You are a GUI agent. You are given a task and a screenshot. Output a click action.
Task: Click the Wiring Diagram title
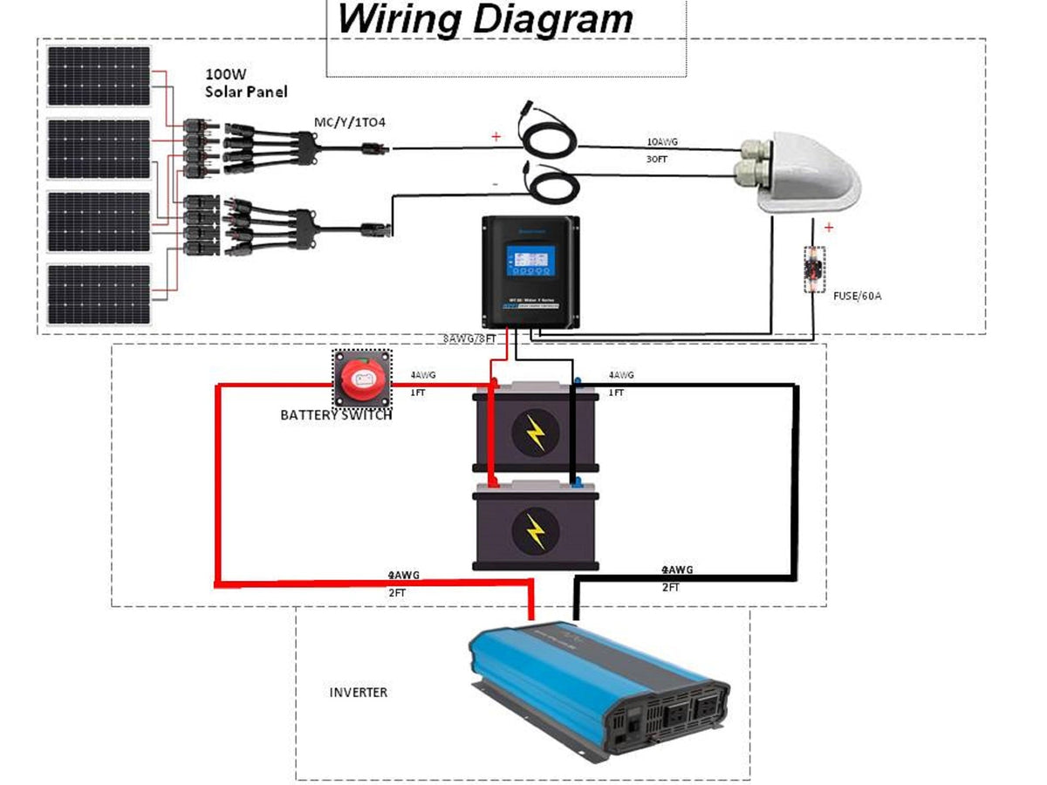point(485,19)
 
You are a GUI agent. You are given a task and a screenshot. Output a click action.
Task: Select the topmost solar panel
point(99,76)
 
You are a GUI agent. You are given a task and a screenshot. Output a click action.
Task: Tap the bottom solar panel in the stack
point(99,294)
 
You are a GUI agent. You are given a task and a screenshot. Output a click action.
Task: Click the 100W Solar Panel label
point(245,83)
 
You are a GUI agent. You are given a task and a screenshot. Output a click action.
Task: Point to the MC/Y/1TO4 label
point(349,122)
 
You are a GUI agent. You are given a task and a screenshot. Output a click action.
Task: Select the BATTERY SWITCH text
point(336,415)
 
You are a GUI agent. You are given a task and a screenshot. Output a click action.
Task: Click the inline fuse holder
point(814,269)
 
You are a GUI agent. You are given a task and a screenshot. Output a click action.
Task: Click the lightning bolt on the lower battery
point(535,529)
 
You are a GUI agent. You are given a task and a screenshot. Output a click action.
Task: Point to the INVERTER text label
point(358,693)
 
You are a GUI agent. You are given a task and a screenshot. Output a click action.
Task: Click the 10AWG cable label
point(661,141)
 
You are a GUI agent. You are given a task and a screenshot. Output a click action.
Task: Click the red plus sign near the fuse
point(828,228)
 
